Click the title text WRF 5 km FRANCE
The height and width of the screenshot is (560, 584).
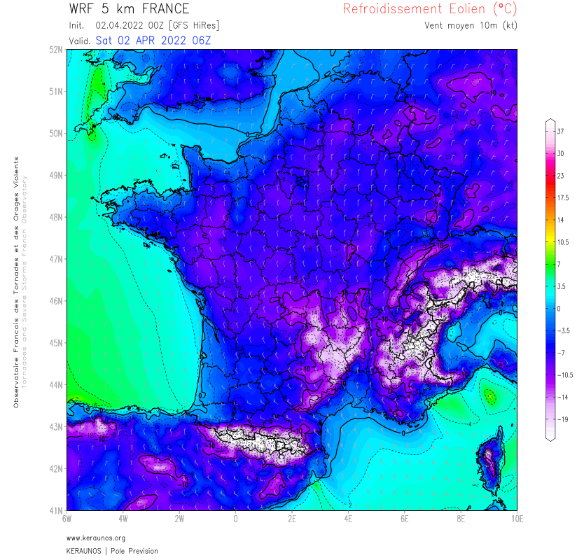point(129,9)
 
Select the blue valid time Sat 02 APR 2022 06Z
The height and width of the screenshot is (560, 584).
point(153,40)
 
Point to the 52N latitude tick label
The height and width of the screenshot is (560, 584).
point(56,50)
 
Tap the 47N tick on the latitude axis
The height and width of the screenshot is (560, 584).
point(56,259)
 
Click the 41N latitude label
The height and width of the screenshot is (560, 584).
point(56,510)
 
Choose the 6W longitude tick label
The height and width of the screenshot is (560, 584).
point(67,519)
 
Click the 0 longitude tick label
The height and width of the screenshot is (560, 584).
point(235,519)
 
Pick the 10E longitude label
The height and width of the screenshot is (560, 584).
point(517,519)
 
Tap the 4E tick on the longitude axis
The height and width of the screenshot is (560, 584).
point(348,519)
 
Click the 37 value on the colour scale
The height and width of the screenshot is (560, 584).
point(560,131)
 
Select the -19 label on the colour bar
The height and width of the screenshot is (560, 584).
point(562,419)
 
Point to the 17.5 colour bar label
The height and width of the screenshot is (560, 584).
point(564,198)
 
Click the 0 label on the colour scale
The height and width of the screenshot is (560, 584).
point(558,309)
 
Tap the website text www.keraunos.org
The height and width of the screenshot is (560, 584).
point(96,538)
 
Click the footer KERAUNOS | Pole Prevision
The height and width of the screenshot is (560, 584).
point(112,551)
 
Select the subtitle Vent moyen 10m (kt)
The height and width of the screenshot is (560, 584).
point(471,26)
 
